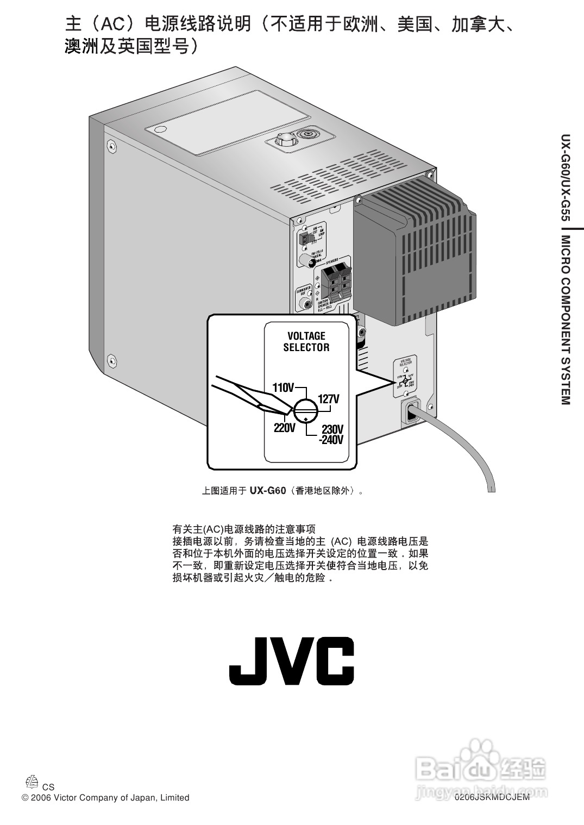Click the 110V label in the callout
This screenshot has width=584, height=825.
point(282,388)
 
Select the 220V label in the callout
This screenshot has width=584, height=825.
point(284,428)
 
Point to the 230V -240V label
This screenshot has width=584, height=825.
point(332,434)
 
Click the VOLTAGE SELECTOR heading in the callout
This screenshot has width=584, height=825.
point(306,341)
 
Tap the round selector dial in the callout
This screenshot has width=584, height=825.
point(306,410)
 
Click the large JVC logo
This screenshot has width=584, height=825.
point(291,661)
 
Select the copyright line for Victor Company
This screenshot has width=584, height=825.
point(105,798)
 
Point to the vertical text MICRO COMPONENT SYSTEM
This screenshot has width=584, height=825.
point(566,321)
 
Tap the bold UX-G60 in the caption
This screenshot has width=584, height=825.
point(267,491)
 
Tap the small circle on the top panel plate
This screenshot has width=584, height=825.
point(160,130)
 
